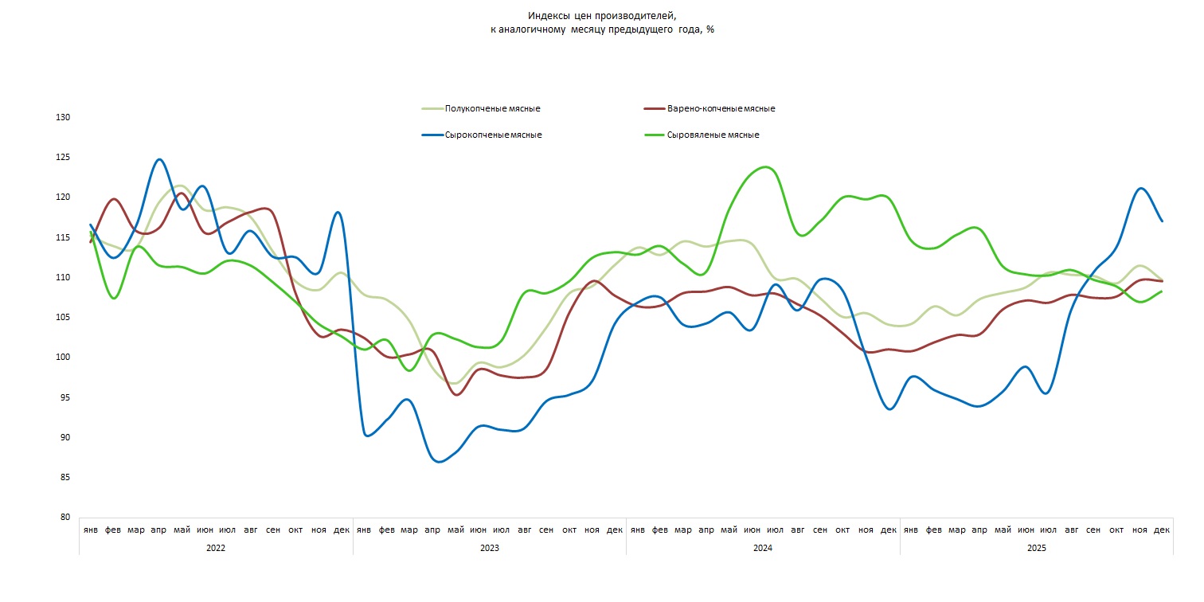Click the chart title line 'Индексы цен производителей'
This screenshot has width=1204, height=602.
pos(601,16)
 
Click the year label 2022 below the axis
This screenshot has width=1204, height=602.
pos(216,549)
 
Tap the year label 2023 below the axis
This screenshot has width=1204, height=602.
pos(490,549)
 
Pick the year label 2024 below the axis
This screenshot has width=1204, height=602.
pos(763,549)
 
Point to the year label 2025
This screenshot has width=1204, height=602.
pos(1037,549)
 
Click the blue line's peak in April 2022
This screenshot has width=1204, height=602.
pos(159,159)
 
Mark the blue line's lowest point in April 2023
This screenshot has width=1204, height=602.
pos(439,462)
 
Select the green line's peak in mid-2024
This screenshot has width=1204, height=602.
pos(766,166)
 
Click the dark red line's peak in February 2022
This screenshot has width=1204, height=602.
pos(114,199)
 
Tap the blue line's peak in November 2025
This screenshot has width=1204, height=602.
pos(1141,188)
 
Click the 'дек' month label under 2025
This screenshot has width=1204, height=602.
pos(1162,530)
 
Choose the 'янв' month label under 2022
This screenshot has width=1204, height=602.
pos(91,530)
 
